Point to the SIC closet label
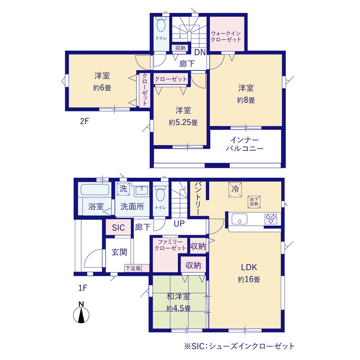coord(118,228)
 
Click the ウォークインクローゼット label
coord(226,37)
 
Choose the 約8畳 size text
coord(246,100)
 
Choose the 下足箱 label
coord(133,268)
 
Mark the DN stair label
coord(200,52)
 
